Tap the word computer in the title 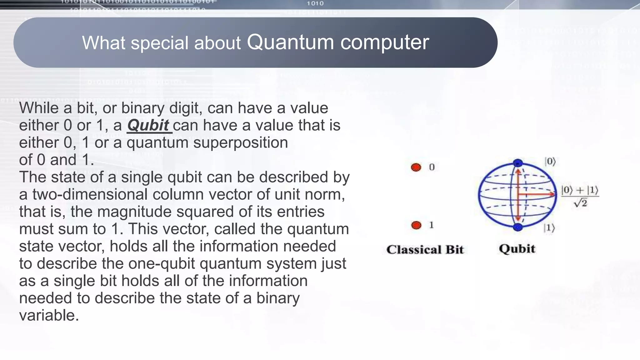385,42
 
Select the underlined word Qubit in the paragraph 148,125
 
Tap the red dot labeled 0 416,167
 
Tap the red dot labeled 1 416,225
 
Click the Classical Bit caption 425,249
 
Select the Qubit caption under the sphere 517,249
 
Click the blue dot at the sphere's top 518,163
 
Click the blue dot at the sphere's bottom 518,227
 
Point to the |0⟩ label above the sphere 550,162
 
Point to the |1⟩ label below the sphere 549,228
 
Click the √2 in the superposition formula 581,203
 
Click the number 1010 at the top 315,3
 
